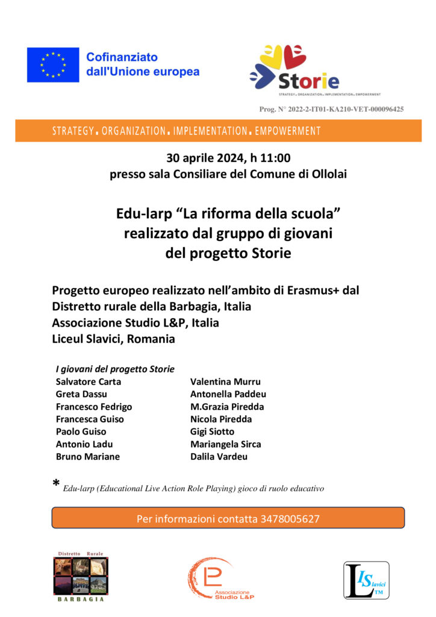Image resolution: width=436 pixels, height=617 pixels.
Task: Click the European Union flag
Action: point(53,65)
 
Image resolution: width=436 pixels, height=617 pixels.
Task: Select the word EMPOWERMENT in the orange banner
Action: point(288,131)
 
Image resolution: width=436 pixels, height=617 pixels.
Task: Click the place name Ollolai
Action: point(329,175)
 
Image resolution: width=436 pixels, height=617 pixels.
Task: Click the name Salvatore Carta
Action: point(89,381)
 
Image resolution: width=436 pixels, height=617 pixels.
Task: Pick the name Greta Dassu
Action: point(81,394)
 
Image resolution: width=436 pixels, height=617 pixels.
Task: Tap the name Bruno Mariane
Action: point(88,457)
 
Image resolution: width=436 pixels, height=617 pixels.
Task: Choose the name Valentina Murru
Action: point(225,381)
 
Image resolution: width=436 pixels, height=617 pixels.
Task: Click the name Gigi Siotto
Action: point(213,431)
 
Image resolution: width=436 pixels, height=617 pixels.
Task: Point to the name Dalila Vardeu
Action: point(219,457)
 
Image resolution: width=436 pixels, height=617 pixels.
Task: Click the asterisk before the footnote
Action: point(56,484)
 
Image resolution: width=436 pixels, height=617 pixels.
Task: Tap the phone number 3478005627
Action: point(290,518)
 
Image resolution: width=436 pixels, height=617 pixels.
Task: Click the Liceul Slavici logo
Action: point(366,580)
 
